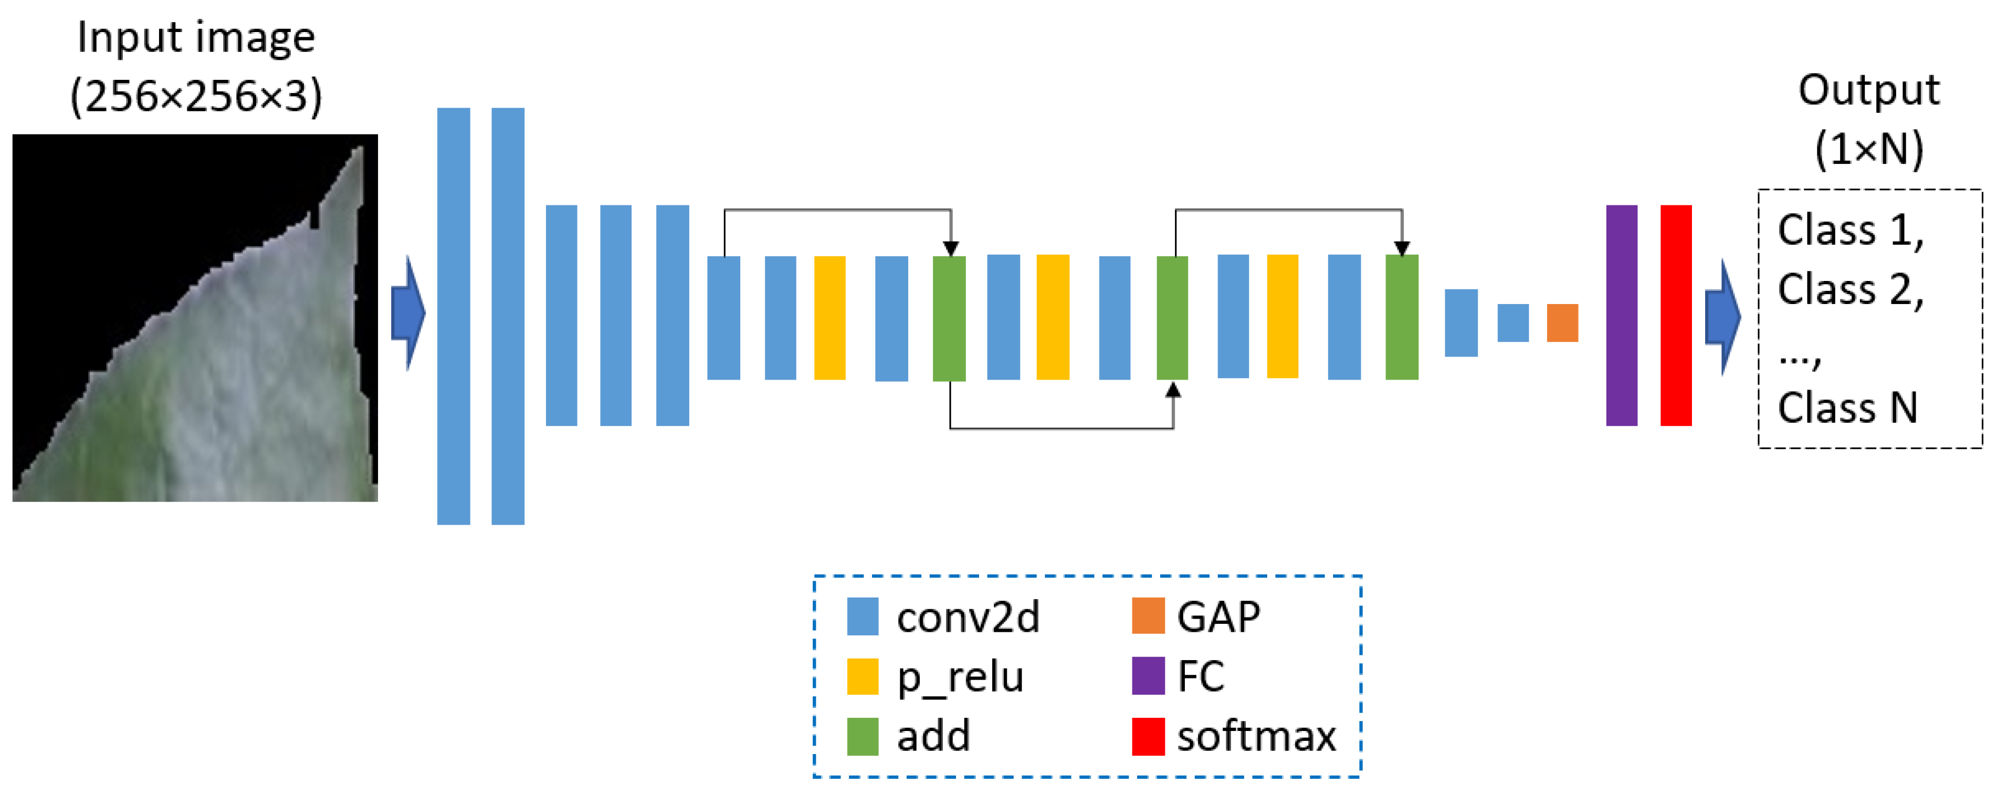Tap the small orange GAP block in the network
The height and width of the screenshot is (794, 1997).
(x=1562, y=322)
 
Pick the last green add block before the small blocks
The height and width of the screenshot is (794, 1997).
(x=1402, y=317)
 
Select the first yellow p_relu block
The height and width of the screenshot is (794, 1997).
(x=829, y=317)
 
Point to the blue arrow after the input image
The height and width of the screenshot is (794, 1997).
(x=408, y=314)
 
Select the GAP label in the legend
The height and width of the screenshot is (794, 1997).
(x=1218, y=617)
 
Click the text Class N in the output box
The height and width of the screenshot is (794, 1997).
(x=1847, y=408)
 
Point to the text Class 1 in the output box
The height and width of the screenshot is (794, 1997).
(x=1849, y=231)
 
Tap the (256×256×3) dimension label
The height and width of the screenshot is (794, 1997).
(x=196, y=97)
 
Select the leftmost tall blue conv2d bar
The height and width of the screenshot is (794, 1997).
(x=454, y=316)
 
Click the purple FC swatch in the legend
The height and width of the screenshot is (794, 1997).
(x=1148, y=676)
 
